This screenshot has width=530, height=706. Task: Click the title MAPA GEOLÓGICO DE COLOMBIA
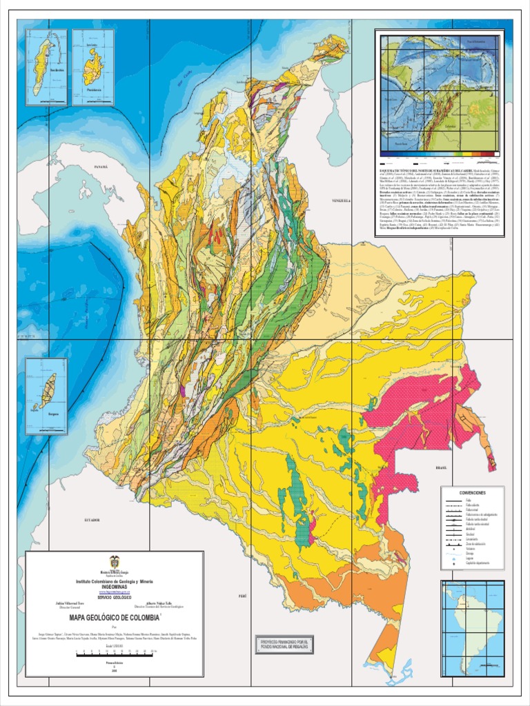[114, 618]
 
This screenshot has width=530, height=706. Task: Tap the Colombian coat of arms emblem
[114, 562]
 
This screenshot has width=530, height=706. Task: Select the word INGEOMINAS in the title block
[114, 587]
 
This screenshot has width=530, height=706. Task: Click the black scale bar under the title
[114, 651]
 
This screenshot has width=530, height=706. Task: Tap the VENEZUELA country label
[342, 201]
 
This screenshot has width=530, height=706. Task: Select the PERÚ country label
[242, 594]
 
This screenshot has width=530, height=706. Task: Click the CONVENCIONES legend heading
[473, 493]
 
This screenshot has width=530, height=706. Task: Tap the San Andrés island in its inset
[45, 58]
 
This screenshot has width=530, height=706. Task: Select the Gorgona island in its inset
[48, 391]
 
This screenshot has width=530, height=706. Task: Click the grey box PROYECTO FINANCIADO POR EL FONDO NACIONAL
[284, 643]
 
